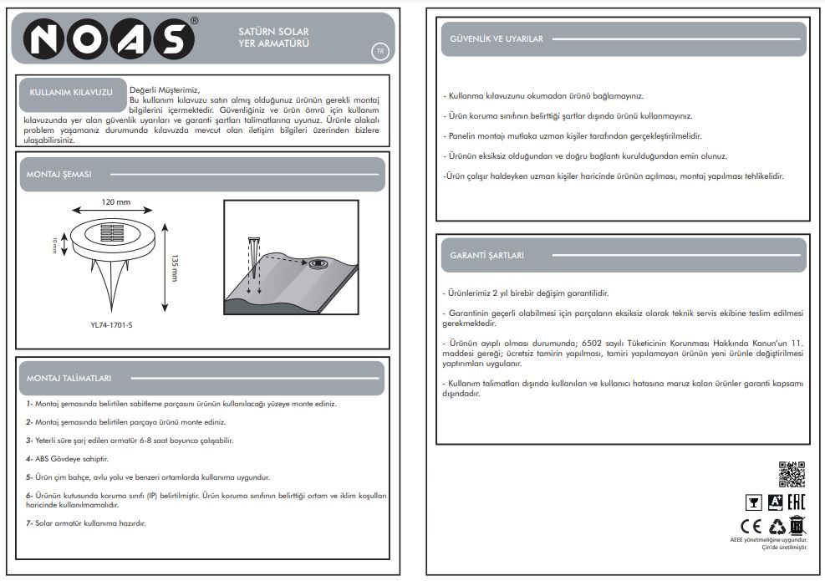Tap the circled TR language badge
[379, 51]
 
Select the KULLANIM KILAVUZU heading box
[71, 93]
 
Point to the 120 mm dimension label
[116, 202]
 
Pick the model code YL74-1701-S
[111, 325]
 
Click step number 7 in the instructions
[28, 523]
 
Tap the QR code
[791, 474]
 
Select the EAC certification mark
[796, 502]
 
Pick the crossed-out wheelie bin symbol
[797, 526]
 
